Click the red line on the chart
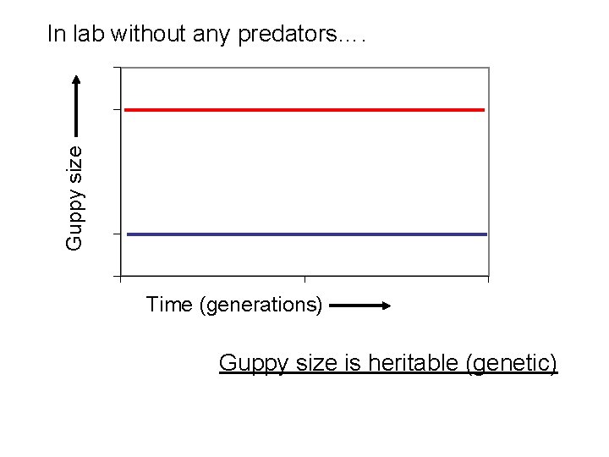[x=304, y=110]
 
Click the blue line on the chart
[x=304, y=234]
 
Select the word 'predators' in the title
[x=287, y=35]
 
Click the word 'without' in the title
[x=141, y=34]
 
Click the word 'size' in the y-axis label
[x=74, y=162]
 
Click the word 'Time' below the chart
[x=170, y=305]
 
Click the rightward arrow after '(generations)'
[x=359, y=306]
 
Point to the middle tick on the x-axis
[x=304, y=278]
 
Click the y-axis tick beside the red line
[x=117, y=109]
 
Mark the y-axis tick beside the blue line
[x=117, y=234]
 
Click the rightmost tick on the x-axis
[x=488, y=278]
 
